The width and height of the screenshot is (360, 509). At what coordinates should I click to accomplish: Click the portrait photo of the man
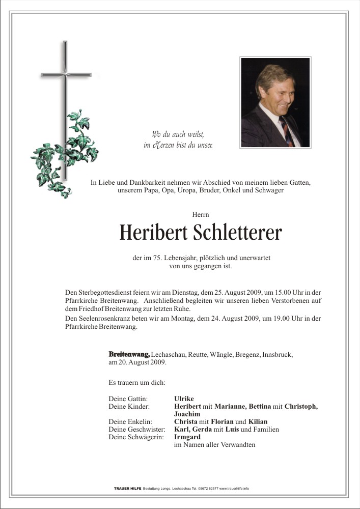275,102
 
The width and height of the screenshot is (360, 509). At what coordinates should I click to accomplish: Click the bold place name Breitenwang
129,354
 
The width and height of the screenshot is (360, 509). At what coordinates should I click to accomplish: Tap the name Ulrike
184,399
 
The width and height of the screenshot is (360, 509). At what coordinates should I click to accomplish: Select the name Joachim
187,414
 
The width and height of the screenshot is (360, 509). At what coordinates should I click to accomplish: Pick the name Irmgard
187,437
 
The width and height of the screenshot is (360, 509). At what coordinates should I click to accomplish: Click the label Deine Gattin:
128,399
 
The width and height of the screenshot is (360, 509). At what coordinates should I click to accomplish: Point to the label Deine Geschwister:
137,429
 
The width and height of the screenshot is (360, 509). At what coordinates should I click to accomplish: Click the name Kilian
258,421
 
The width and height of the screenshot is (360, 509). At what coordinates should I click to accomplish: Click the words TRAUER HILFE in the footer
127,488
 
